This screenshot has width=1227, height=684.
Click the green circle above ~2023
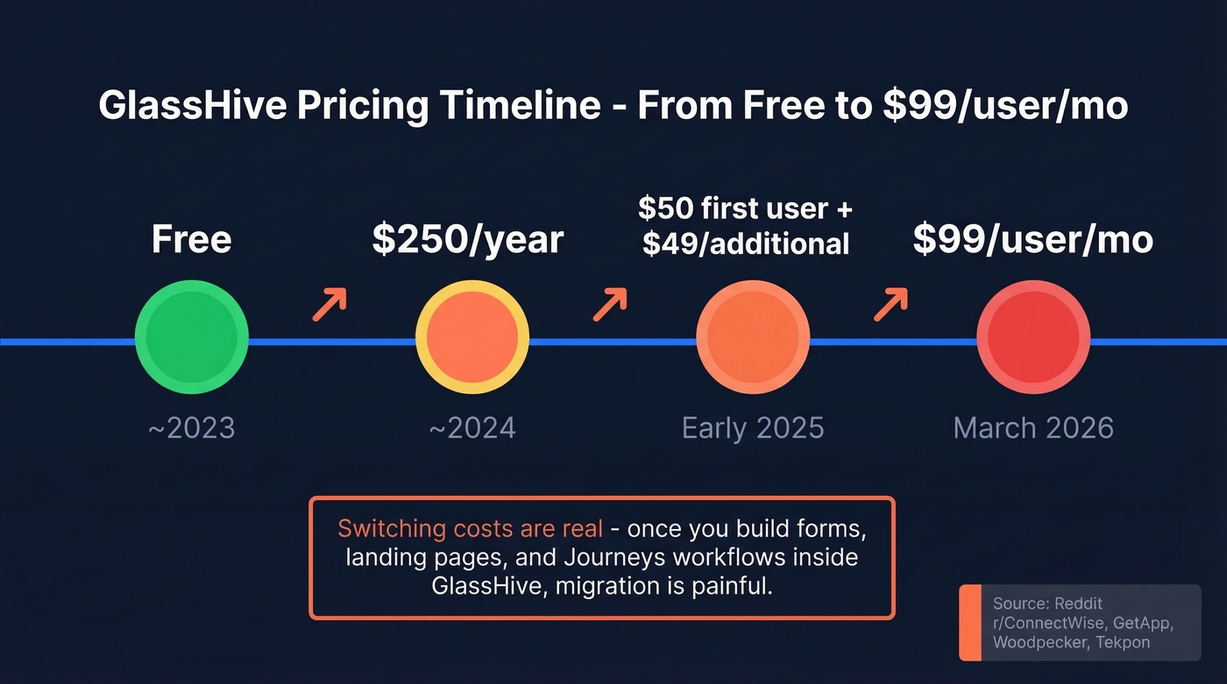[191, 337]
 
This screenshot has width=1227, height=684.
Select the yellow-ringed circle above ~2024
[472, 337]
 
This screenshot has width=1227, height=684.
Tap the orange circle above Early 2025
[752, 337]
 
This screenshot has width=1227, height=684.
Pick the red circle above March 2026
[1033, 337]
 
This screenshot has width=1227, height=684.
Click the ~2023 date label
[191, 427]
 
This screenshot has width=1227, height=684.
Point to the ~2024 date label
[472, 427]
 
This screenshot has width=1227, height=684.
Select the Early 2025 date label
[753, 427]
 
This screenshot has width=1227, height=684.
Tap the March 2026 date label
[1033, 427]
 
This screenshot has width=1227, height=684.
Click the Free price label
[191, 239]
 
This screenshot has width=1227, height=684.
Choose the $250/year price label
[467, 239]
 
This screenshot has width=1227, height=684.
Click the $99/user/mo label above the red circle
[1032, 239]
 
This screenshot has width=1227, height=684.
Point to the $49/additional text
[746, 243]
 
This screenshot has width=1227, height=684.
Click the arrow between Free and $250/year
[330, 304]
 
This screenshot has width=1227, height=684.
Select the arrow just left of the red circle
[890, 304]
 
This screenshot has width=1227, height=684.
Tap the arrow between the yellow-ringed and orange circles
[610, 304]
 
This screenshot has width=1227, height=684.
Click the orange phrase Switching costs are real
[470, 529]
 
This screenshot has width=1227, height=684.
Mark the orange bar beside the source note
[970, 622]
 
